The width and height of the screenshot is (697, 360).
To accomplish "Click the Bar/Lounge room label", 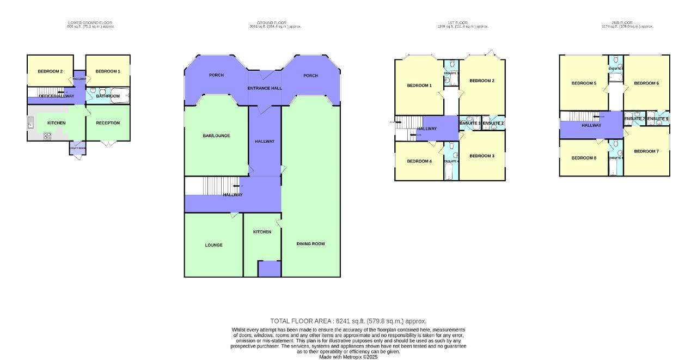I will pyautogui.click(x=216, y=136).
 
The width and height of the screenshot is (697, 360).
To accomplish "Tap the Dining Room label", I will pyautogui.click(x=310, y=243).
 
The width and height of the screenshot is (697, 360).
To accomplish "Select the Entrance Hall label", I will pyautogui.click(x=265, y=88).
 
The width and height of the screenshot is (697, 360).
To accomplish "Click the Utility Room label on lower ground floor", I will pyautogui.click(x=77, y=148).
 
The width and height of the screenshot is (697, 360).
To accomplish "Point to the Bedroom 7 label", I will pyautogui.click(x=646, y=151).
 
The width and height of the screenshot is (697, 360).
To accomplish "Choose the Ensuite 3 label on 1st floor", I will pyautogui.click(x=470, y=124).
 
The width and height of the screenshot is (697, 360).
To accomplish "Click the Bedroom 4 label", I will pyautogui.click(x=419, y=161).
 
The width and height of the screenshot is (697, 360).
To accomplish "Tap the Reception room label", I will pyautogui.click(x=108, y=123).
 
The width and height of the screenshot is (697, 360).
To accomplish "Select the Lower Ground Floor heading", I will pyautogui.click(x=90, y=23).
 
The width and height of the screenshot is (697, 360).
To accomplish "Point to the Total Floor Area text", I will pyautogui.click(x=348, y=321).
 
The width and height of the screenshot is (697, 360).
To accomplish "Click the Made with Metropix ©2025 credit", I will pyautogui.click(x=348, y=357).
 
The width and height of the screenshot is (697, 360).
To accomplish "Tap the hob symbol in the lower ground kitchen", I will pyautogui.click(x=47, y=136).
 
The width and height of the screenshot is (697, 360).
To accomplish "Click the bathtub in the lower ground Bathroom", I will pyautogui.click(x=119, y=96).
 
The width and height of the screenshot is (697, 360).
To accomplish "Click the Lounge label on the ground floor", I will pyautogui.click(x=213, y=245).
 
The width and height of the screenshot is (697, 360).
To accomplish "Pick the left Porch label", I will pyautogui.click(x=216, y=75).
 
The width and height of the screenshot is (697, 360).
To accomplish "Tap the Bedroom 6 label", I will pyautogui.click(x=646, y=83).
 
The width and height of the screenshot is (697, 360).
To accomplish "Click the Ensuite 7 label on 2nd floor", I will pyautogui.click(x=634, y=119).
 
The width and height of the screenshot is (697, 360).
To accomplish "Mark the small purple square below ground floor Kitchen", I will pyautogui.click(x=268, y=269).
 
